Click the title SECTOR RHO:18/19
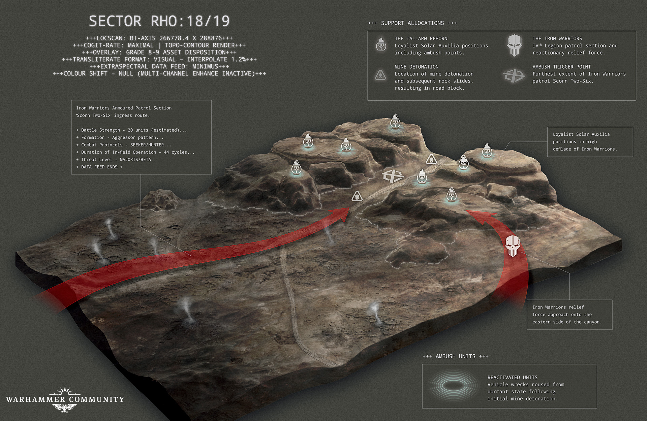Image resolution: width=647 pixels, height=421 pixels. point(159,21)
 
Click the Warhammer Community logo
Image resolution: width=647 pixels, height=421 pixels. point(65,399)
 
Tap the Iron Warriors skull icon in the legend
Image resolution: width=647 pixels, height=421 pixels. point(514,45)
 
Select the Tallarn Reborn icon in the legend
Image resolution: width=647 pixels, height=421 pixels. point(381,44)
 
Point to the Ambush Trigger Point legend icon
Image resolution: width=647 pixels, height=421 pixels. point(514,75)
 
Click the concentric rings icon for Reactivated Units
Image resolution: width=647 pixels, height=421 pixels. point(453,385)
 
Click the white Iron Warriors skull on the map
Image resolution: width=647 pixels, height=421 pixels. point(513,246)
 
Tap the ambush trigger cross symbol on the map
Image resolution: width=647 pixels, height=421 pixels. point(393,176)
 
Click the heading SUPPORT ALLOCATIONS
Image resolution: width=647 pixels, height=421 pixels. point(412,23)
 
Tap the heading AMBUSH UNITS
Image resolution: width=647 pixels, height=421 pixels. point(455,356)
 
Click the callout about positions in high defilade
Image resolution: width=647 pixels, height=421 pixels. point(590,142)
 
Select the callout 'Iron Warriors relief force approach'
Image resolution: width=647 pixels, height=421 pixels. point(569,315)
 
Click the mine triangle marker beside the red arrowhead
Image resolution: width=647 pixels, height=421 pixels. point(357,196)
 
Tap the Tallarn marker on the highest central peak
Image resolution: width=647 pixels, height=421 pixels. point(395,122)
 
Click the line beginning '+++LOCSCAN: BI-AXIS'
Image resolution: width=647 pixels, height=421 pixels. point(159,38)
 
